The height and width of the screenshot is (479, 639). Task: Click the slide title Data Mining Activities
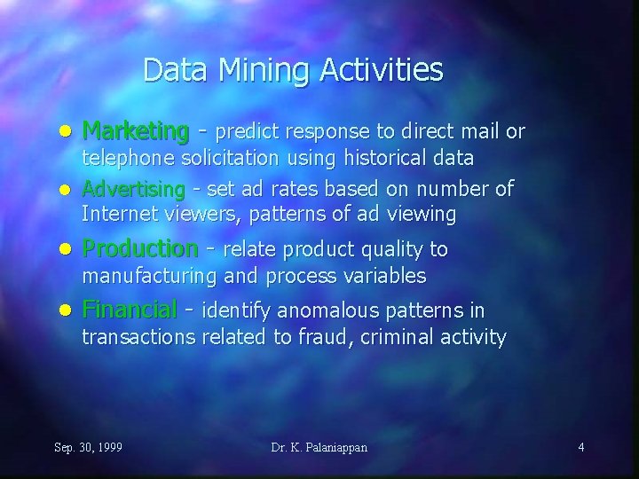292,69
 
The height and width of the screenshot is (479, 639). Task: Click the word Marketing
135,132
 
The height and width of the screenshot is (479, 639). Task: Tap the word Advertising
133,191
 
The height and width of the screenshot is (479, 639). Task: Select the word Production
139,248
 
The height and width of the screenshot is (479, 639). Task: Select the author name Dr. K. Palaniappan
319,447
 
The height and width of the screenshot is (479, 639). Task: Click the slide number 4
580,447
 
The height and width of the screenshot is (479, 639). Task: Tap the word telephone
126,159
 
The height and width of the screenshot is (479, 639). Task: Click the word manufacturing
148,277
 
